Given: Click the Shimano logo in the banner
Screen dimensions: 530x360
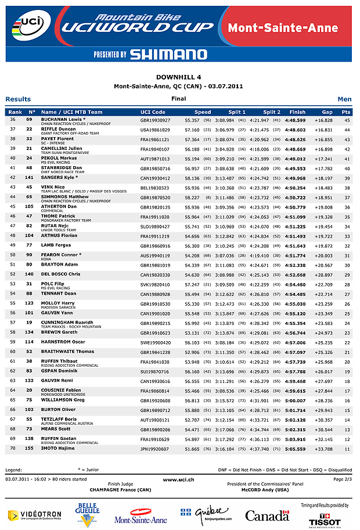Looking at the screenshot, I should (168, 55).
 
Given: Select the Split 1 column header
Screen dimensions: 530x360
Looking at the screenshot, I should (237, 112).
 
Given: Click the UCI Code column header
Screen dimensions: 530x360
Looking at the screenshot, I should (153, 112).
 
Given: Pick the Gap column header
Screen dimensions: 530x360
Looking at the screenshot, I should (327, 112).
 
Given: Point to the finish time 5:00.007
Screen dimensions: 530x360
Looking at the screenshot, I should (295, 400).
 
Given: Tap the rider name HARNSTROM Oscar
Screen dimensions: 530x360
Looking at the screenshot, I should (63, 342).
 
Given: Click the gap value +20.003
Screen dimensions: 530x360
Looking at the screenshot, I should (324, 256).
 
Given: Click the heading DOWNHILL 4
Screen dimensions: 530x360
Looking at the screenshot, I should (179, 77).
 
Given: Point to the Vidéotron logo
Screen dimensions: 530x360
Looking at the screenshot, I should (34, 515).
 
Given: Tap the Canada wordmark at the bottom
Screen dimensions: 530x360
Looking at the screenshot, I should (267, 515).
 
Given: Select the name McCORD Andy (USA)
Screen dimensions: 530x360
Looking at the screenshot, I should (264, 489).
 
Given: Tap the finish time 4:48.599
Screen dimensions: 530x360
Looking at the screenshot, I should (295, 120).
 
